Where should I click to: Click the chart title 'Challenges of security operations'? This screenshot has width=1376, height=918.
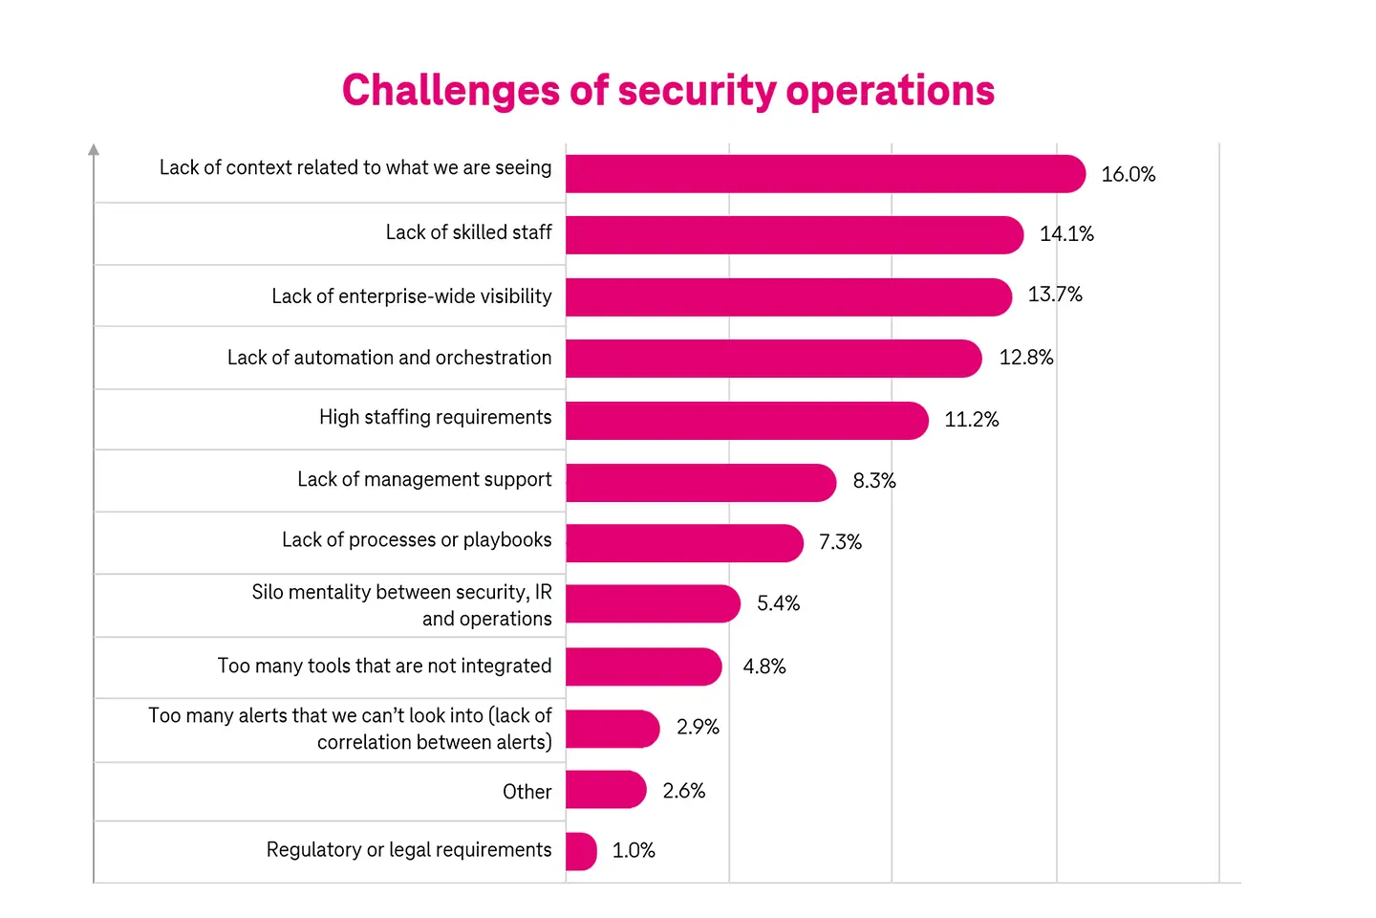668,91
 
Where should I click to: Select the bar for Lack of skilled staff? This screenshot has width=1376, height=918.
793,235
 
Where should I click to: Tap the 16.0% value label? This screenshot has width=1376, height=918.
1128,175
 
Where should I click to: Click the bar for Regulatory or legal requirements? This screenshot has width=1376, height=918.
581,851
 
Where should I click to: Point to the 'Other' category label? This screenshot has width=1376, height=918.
527,792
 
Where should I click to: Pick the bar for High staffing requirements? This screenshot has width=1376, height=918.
745,421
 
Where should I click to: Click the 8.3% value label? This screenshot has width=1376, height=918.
873,481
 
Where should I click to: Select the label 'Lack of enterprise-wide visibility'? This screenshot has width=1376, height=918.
411,296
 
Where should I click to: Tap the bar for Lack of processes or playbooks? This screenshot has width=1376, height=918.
683,543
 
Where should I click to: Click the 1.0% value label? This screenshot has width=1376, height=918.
634,851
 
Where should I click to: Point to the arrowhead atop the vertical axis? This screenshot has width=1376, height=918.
94,150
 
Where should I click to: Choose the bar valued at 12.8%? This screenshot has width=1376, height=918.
772,359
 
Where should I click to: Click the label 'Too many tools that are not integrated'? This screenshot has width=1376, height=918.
384,666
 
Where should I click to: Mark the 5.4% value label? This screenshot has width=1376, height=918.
778,603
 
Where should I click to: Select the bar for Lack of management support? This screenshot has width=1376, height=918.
699,483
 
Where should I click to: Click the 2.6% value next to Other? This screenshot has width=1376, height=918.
683,791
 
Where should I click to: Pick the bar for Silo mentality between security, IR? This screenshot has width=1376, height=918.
652,603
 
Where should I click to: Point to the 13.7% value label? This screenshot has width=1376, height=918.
1054,295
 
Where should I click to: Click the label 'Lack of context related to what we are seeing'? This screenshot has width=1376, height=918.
355,167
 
